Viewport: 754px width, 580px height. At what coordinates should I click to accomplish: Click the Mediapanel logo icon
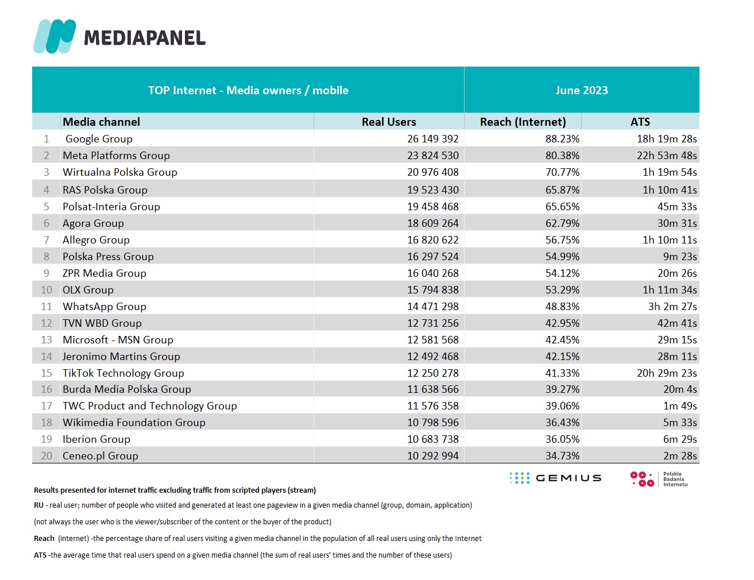(55, 36)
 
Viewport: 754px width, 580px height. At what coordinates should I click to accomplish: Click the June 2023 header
(582, 90)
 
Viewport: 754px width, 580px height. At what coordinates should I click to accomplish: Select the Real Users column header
(389, 122)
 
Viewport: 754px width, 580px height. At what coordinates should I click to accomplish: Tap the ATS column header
(640, 122)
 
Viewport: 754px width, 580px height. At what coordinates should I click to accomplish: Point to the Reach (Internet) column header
(523, 122)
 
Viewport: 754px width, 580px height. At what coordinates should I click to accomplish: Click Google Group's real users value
(432, 139)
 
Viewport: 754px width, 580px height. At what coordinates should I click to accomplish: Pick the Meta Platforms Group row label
(116, 156)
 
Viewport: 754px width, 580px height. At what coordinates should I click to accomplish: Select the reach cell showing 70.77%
(562, 172)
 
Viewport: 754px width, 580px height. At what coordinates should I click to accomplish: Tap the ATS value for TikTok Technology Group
(667, 373)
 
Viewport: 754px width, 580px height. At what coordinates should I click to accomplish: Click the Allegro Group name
(96, 239)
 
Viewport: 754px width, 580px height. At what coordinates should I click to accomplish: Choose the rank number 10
(47, 289)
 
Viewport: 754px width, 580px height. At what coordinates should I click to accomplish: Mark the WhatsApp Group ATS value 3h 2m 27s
(672, 306)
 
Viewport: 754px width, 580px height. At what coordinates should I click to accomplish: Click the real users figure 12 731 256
(432, 323)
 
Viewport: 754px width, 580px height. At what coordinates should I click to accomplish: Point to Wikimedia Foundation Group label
(134, 423)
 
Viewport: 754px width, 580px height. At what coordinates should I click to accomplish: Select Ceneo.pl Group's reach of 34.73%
(562, 455)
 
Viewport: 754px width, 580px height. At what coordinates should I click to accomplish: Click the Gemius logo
(555, 478)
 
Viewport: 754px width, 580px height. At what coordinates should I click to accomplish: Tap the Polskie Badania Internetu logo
(659, 479)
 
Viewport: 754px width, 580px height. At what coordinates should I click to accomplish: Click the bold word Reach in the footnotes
(44, 539)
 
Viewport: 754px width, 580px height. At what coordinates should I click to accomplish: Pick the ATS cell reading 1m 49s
(680, 406)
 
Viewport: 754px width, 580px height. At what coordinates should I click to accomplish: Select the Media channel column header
(101, 122)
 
